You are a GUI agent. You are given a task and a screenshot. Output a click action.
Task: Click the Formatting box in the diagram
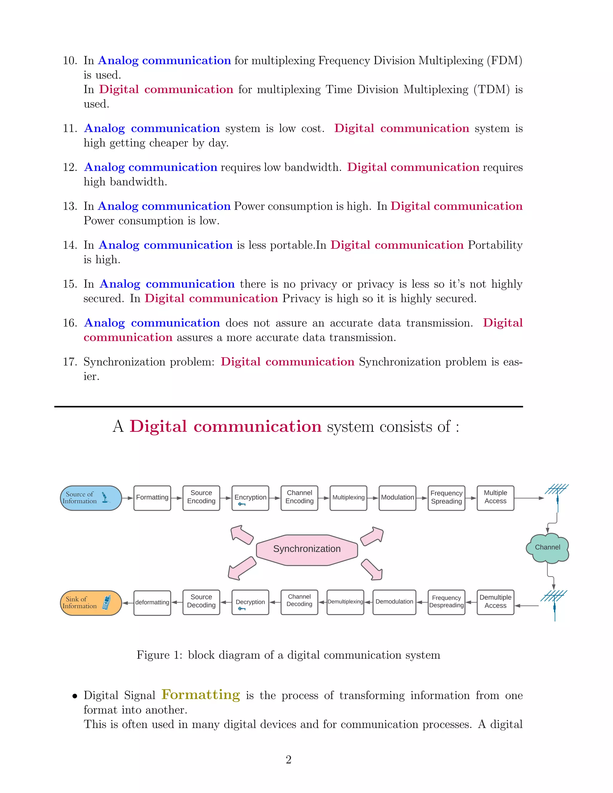[x=152, y=498]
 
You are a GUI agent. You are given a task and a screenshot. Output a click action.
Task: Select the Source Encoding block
[x=201, y=498]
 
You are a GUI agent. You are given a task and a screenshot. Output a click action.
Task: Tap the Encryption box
[x=250, y=498]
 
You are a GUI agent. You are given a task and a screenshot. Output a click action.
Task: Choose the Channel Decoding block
[x=299, y=602]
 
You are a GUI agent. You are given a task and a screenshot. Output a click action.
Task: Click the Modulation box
[x=397, y=498]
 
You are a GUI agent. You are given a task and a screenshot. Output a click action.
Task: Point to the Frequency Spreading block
[x=446, y=498]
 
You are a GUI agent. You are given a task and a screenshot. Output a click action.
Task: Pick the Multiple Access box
[x=495, y=498]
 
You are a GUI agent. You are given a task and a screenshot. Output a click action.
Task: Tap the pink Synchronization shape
[x=307, y=549]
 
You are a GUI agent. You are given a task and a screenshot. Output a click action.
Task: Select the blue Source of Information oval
[x=90, y=498]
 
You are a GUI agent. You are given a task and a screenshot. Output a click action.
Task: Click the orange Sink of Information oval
[x=90, y=603]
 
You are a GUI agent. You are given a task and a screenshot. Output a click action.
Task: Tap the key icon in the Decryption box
[x=242, y=609]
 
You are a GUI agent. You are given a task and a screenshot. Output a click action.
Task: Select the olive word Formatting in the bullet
[x=201, y=695]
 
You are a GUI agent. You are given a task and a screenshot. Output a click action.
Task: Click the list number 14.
[x=70, y=245]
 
